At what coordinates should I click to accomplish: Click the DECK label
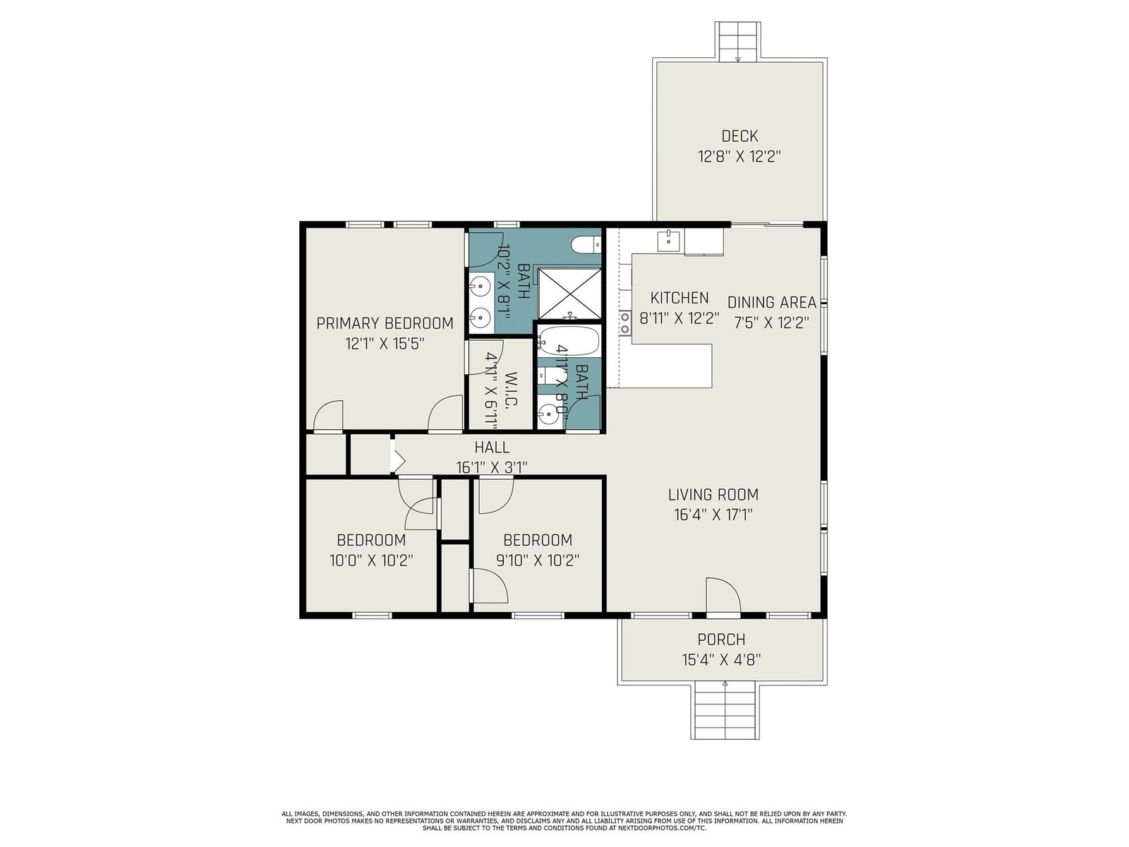click(x=739, y=136)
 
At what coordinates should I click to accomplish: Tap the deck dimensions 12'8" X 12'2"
click(x=739, y=156)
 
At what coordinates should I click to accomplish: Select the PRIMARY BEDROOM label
click(x=385, y=323)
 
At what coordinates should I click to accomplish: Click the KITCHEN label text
click(x=680, y=298)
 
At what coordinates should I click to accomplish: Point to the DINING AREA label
click(x=771, y=302)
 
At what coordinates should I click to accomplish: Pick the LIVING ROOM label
click(x=713, y=495)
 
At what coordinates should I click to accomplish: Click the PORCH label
click(x=721, y=639)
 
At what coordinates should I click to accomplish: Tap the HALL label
click(x=493, y=447)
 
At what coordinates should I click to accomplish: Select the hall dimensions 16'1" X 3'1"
click(x=492, y=467)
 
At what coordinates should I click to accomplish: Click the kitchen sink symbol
click(x=669, y=240)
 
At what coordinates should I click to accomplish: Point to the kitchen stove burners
click(x=625, y=323)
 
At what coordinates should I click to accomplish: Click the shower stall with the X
click(x=570, y=294)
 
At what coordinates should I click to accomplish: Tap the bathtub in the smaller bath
click(x=569, y=340)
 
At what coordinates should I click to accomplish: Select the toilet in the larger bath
click(x=586, y=244)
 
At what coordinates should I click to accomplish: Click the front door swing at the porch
click(x=723, y=595)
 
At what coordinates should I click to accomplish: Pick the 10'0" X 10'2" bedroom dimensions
click(x=371, y=560)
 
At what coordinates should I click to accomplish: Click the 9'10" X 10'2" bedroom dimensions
click(x=538, y=560)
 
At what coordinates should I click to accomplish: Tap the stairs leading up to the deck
click(x=737, y=42)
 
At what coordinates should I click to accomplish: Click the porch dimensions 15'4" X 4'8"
click(x=721, y=660)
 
